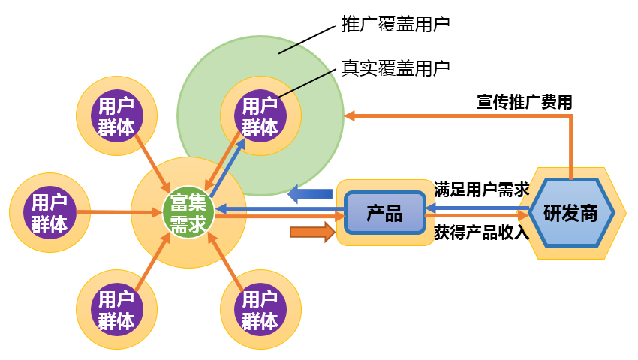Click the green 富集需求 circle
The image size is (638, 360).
(188, 212)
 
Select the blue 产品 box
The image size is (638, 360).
(384, 212)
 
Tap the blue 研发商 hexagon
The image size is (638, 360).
(570, 212)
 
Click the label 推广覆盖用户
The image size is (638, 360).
(395, 24)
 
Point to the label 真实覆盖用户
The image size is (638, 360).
(395, 67)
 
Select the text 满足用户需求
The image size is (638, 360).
(481, 189)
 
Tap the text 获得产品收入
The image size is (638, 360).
(481, 232)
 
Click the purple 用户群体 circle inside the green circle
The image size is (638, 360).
(260, 115)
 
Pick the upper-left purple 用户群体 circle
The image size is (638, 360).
(117, 115)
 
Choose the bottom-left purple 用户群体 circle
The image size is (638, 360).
(117, 310)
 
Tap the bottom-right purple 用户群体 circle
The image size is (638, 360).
(260, 310)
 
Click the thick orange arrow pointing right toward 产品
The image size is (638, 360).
(312, 233)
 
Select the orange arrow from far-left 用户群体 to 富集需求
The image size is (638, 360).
(120, 212)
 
